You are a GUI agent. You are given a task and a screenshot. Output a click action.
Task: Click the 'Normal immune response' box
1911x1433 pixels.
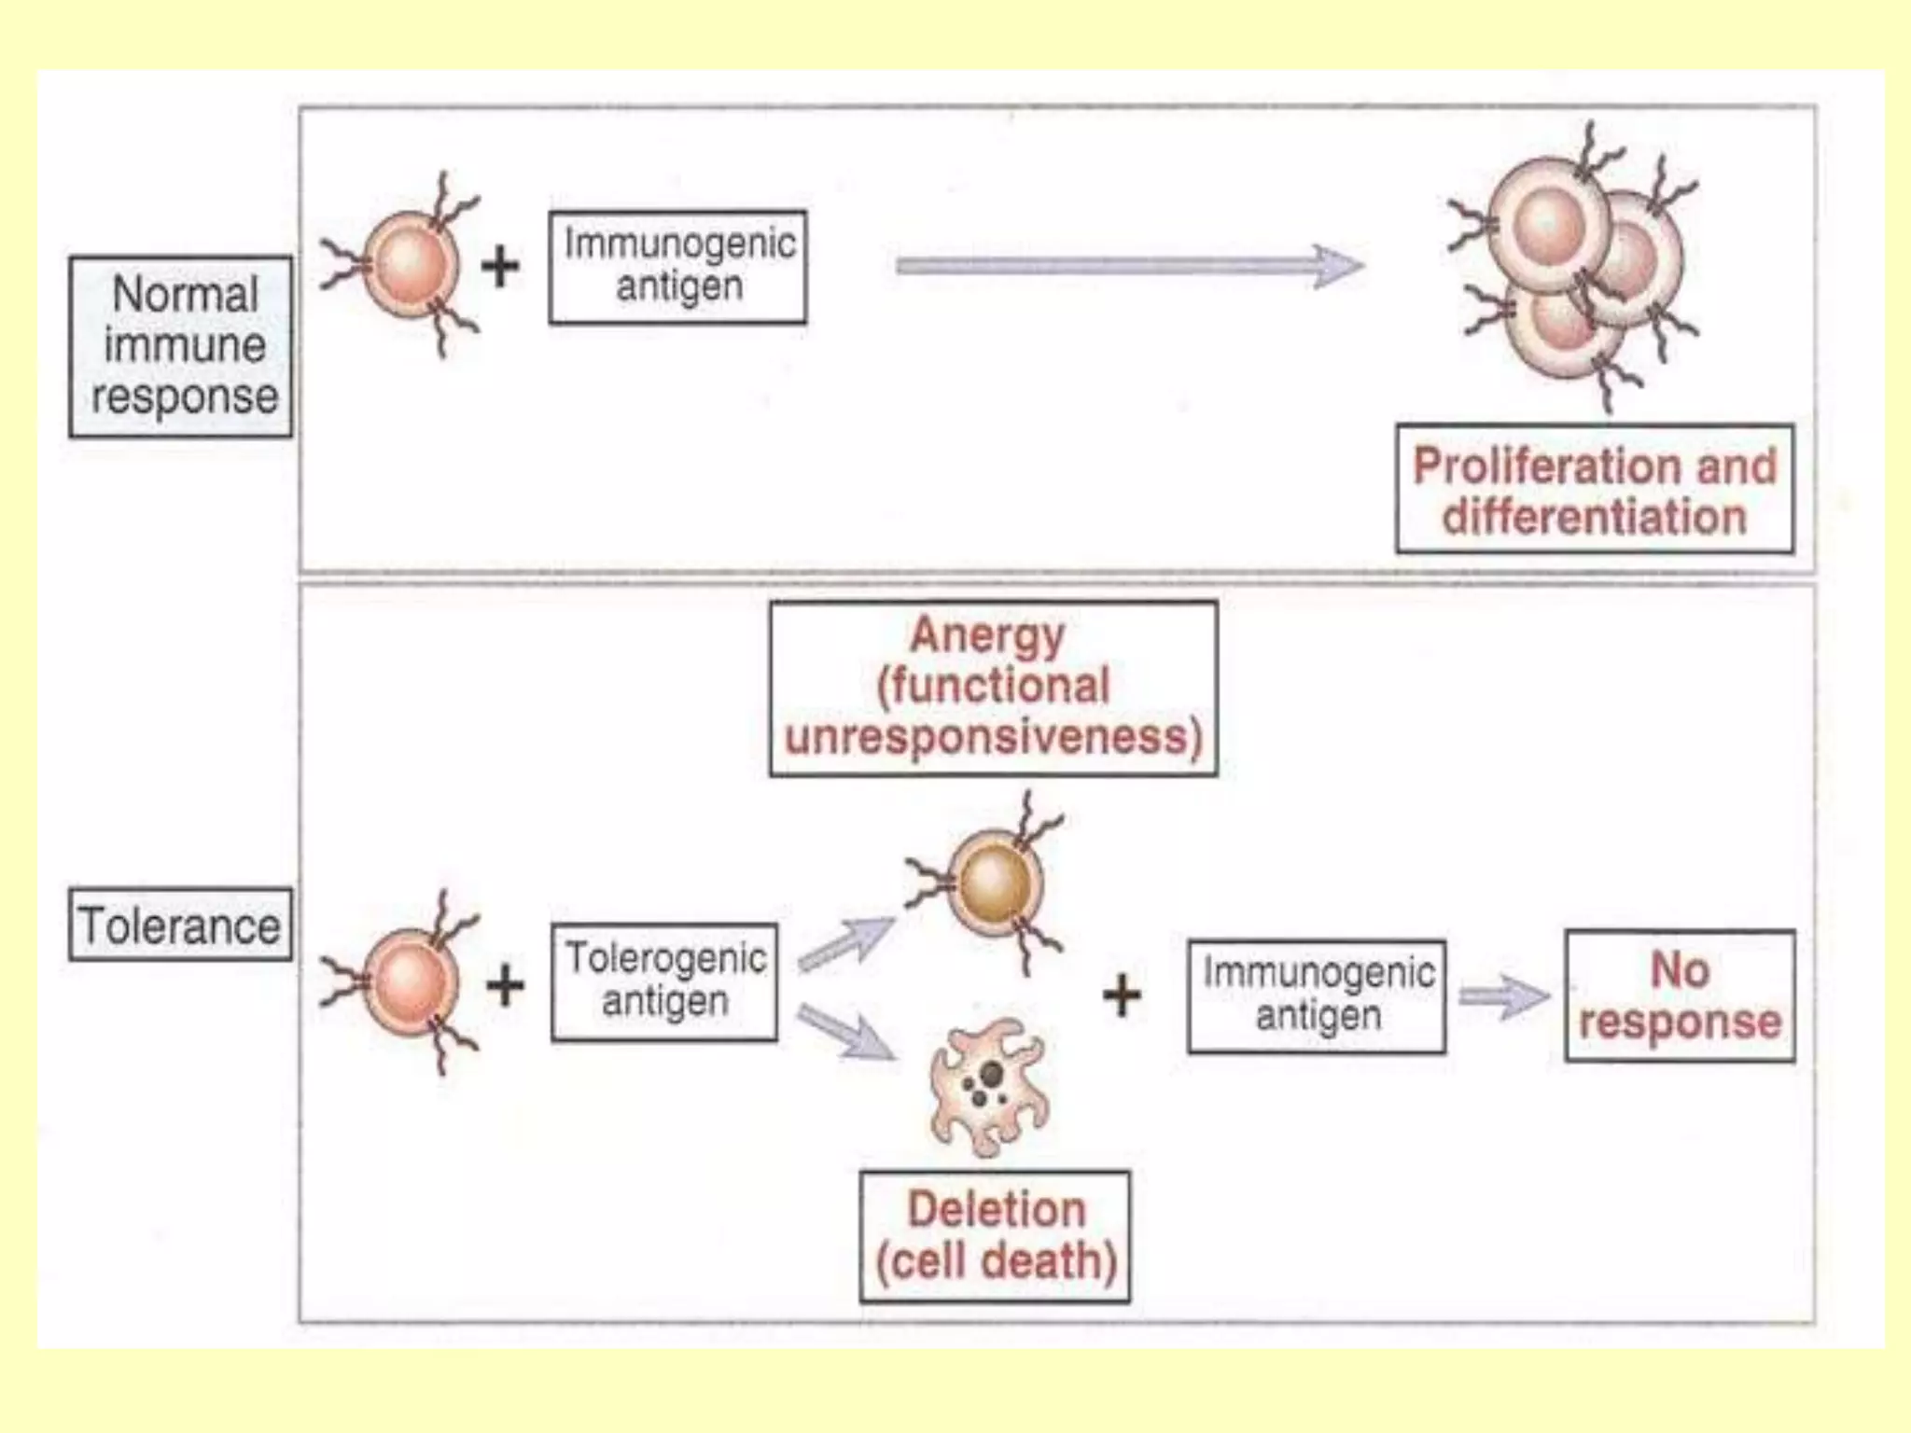(181, 346)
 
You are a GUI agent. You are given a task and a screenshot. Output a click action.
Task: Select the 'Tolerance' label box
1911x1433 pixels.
(181, 925)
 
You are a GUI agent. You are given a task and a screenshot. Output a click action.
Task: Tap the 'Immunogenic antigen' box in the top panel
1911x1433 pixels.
(677, 267)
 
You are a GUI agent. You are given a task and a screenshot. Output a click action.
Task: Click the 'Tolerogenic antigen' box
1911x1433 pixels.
(664, 981)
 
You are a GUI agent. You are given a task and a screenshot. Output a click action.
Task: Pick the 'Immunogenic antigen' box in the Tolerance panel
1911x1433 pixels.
(1317, 995)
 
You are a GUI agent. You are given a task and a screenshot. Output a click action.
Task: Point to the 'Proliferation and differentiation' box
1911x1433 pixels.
(1594, 489)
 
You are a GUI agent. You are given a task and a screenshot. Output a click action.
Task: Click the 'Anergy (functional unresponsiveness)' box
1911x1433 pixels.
(993, 688)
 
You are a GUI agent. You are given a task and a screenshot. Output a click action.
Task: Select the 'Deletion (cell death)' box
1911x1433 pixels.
(995, 1235)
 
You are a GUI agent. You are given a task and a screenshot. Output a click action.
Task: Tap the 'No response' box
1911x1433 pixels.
(1680, 995)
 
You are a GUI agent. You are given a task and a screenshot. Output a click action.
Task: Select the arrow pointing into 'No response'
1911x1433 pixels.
(1502, 996)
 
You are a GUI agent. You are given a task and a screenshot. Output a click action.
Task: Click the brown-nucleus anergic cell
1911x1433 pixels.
(994, 883)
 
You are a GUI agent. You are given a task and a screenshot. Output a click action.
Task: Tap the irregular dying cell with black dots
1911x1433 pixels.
(989, 1088)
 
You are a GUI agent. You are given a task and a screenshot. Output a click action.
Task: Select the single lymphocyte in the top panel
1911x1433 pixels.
(411, 265)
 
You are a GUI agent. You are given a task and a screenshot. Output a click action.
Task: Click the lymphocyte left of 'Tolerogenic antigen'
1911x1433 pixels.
(411, 982)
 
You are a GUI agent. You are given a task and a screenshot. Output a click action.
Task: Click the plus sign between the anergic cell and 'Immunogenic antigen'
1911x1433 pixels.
(1122, 995)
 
